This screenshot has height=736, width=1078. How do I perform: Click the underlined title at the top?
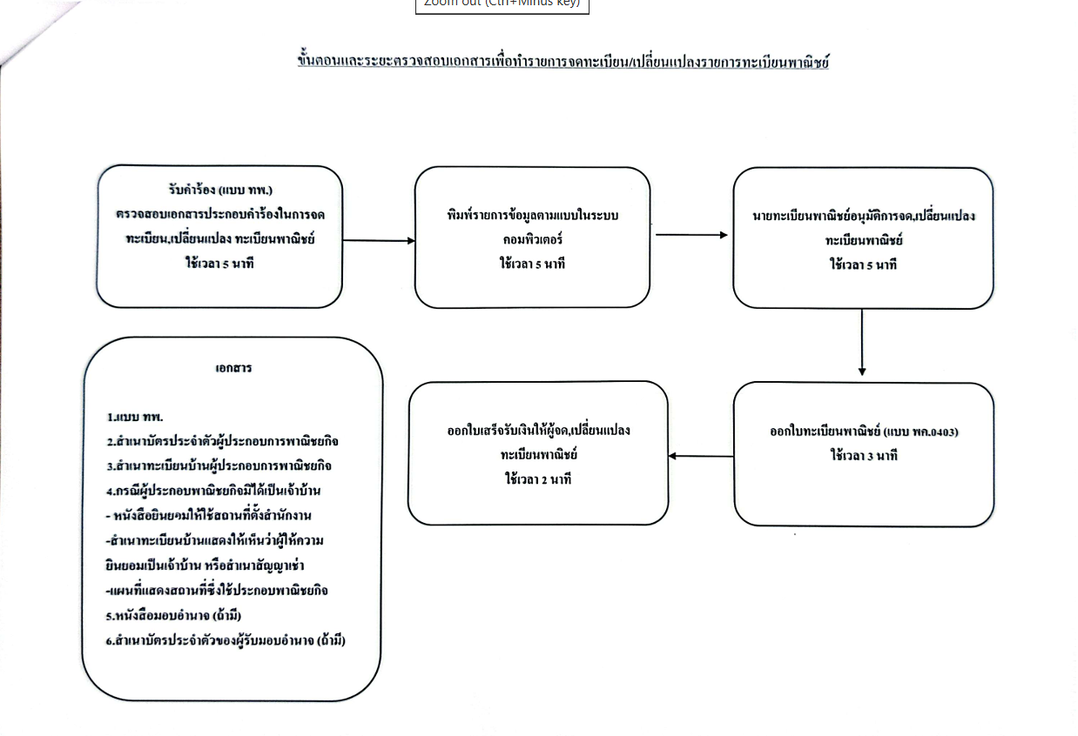pos(563,62)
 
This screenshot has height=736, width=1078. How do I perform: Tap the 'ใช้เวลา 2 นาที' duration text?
pos(538,478)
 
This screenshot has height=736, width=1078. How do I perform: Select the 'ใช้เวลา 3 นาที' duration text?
pos(864,455)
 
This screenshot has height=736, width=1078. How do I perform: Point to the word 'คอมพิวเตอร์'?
pos(532,239)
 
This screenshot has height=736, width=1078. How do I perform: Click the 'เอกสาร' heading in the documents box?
pos(233,367)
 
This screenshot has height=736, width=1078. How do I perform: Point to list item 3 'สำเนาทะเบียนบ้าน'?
pos(219,465)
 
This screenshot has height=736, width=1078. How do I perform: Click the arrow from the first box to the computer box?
pos(379,240)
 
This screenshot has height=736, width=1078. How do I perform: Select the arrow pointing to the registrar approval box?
pos(691,234)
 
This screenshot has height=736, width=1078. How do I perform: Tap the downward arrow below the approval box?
pos(862,343)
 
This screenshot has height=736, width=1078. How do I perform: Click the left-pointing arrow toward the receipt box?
pos(701,456)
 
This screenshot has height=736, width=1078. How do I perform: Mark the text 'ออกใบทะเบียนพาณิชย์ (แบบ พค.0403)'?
pos(870,432)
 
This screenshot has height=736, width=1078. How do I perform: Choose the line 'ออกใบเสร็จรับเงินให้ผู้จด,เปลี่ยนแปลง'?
pos(538,431)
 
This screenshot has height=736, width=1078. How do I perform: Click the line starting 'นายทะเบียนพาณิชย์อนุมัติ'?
pos(863,216)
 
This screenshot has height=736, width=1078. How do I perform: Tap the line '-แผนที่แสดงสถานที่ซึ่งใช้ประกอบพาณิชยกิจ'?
pos(216,591)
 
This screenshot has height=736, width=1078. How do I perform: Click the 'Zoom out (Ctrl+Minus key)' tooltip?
pos(502,4)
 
